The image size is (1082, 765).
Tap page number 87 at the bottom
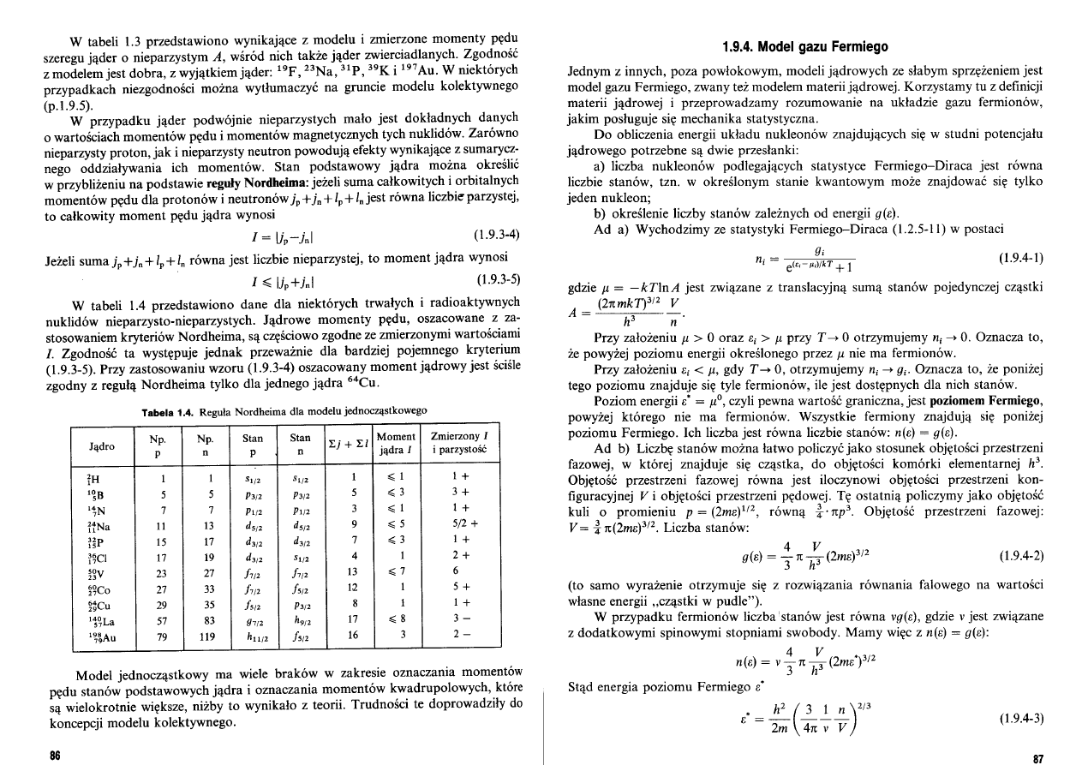click(x=1038, y=758)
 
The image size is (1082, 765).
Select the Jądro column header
click(x=104, y=446)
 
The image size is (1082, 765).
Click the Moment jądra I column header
click(x=396, y=442)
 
